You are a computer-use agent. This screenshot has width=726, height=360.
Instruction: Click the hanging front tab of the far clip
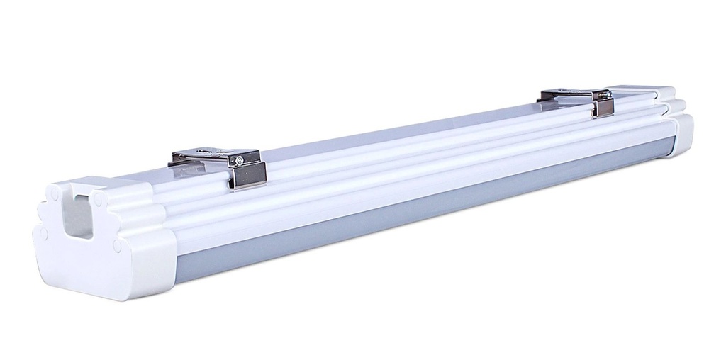pyautogui.click(x=604, y=106)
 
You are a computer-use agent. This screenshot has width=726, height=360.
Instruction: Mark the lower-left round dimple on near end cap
pyautogui.click(x=44, y=231)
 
